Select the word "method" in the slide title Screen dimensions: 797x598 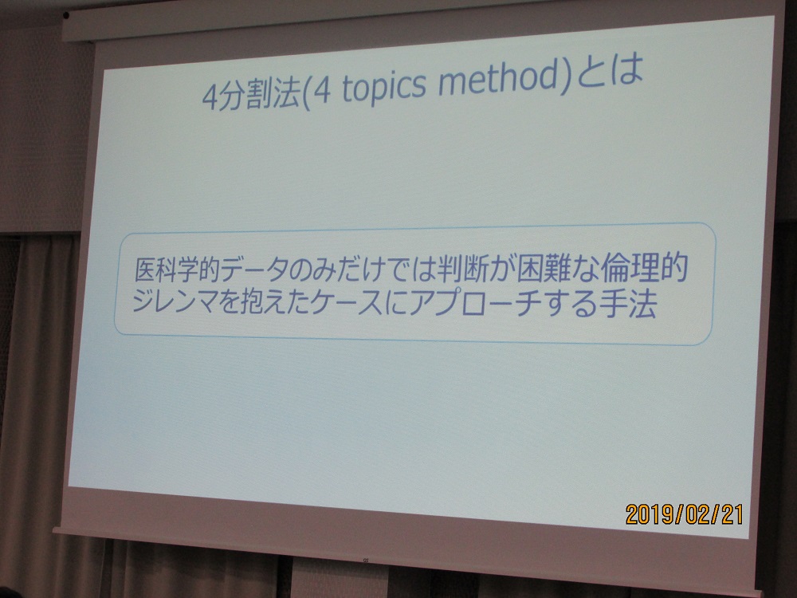[498, 81]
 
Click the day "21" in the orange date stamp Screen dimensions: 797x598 [732, 514]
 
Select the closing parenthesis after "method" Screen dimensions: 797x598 [566, 77]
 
